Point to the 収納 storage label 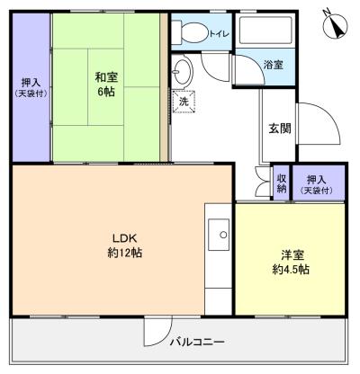tap(282, 183)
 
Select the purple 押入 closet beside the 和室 tap(30, 87)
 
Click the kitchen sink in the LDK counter tap(218, 237)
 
